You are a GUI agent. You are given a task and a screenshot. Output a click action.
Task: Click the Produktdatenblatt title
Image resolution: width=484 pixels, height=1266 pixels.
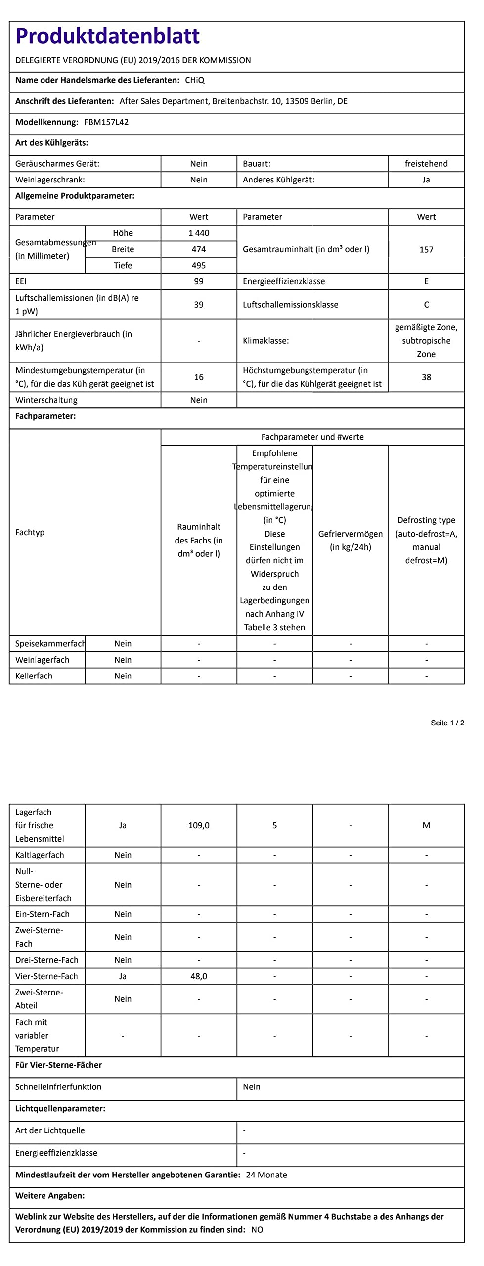click(x=107, y=36)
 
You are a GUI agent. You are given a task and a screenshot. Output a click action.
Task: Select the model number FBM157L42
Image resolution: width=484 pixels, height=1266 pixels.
click(x=106, y=122)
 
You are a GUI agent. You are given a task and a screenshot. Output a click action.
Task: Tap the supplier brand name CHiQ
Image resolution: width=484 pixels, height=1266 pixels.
click(x=194, y=80)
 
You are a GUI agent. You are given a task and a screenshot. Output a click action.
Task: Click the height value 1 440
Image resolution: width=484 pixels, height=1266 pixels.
click(x=199, y=233)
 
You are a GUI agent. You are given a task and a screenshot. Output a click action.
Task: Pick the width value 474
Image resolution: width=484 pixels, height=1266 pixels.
click(x=199, y=249)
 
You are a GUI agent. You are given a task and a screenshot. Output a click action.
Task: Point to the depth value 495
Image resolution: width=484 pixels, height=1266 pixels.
click(x=199, y=265)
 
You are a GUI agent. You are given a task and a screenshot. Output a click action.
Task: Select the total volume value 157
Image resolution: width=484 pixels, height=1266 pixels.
click(x=426, y=249)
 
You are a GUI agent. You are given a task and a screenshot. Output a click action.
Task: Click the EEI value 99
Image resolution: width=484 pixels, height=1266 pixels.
click(x=199, y=281)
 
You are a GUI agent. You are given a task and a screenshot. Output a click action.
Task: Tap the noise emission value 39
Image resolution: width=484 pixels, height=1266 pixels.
click(x=199, y=305)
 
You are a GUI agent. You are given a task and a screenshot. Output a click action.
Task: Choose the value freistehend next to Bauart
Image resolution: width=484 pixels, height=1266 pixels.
click(x=426, y=164)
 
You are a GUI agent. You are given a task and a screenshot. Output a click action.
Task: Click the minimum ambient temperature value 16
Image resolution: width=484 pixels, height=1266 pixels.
click(x=199, y=377)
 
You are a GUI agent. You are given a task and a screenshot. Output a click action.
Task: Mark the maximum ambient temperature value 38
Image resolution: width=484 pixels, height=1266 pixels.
click(x=426, y=377)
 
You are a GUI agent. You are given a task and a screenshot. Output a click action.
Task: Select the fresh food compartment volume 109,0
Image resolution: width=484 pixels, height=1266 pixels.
click(x=199, y=825)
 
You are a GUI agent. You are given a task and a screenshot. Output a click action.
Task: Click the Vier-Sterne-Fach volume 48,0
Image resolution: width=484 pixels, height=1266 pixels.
click(x=199, y=976)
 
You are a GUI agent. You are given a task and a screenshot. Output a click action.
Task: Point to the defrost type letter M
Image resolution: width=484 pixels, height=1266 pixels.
click(x=426, y=825)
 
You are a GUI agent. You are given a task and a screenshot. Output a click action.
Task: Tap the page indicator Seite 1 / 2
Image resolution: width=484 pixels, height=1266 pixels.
click(x=447, y=723)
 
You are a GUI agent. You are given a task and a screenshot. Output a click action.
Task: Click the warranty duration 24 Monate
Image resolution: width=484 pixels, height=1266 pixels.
click(x=266, y=1175)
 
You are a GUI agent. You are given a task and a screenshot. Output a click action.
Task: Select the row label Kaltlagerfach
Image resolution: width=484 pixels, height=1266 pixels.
click(x=40, y=855)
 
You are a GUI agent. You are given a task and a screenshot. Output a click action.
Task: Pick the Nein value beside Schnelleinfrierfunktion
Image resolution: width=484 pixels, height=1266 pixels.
click(x=252, y=1086)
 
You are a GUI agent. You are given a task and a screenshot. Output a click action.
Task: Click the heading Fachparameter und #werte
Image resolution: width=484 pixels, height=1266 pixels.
click(x=312, y=437)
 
